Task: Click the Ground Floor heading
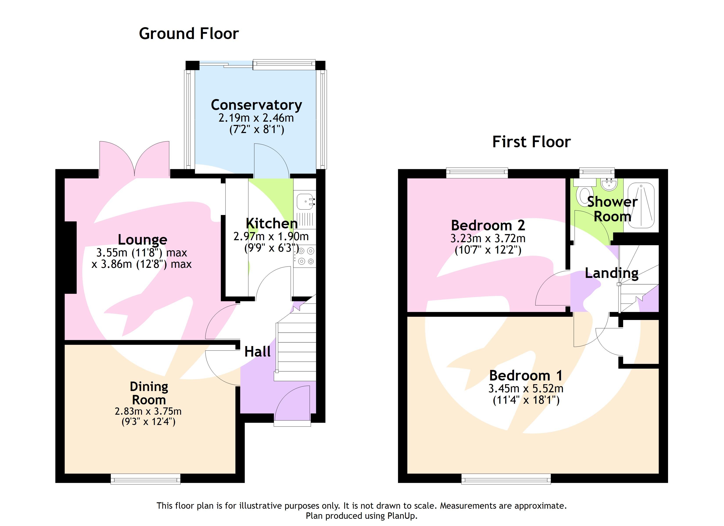pyautogui.click(x=189, y=34)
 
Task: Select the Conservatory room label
pyautogui.click(x=256, y=105)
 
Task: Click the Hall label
pyautogui.click(x=257, y=352)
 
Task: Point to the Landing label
pyautogui.click(x=611, y=273)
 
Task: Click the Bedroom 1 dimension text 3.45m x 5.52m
pyautogui.click(x=526, y=389)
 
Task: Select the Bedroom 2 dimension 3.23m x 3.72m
pyautogui.click(x=488, y=238)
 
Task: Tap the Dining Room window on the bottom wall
pyautogui.click(x=145, y=479)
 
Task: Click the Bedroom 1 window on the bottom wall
pyautogui.click(x=506, y=479)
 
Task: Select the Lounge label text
pyautogui.click(x=142, y=240)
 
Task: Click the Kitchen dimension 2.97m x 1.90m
pyautogui.click(x=271, y=236)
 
